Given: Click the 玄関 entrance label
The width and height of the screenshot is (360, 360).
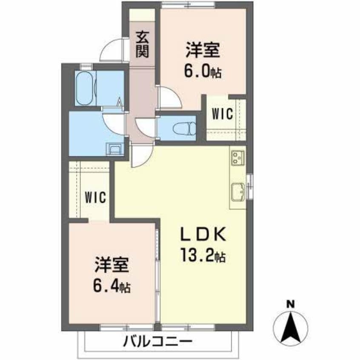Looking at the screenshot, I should click(142, 44).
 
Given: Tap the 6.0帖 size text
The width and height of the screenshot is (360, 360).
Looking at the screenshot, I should click(203, 71).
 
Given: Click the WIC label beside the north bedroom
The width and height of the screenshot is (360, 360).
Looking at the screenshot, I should click(223, 114).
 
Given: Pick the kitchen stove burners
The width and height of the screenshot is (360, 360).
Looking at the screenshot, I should click(237, 158).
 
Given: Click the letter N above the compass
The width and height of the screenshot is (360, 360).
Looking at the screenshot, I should click(290, 304).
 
